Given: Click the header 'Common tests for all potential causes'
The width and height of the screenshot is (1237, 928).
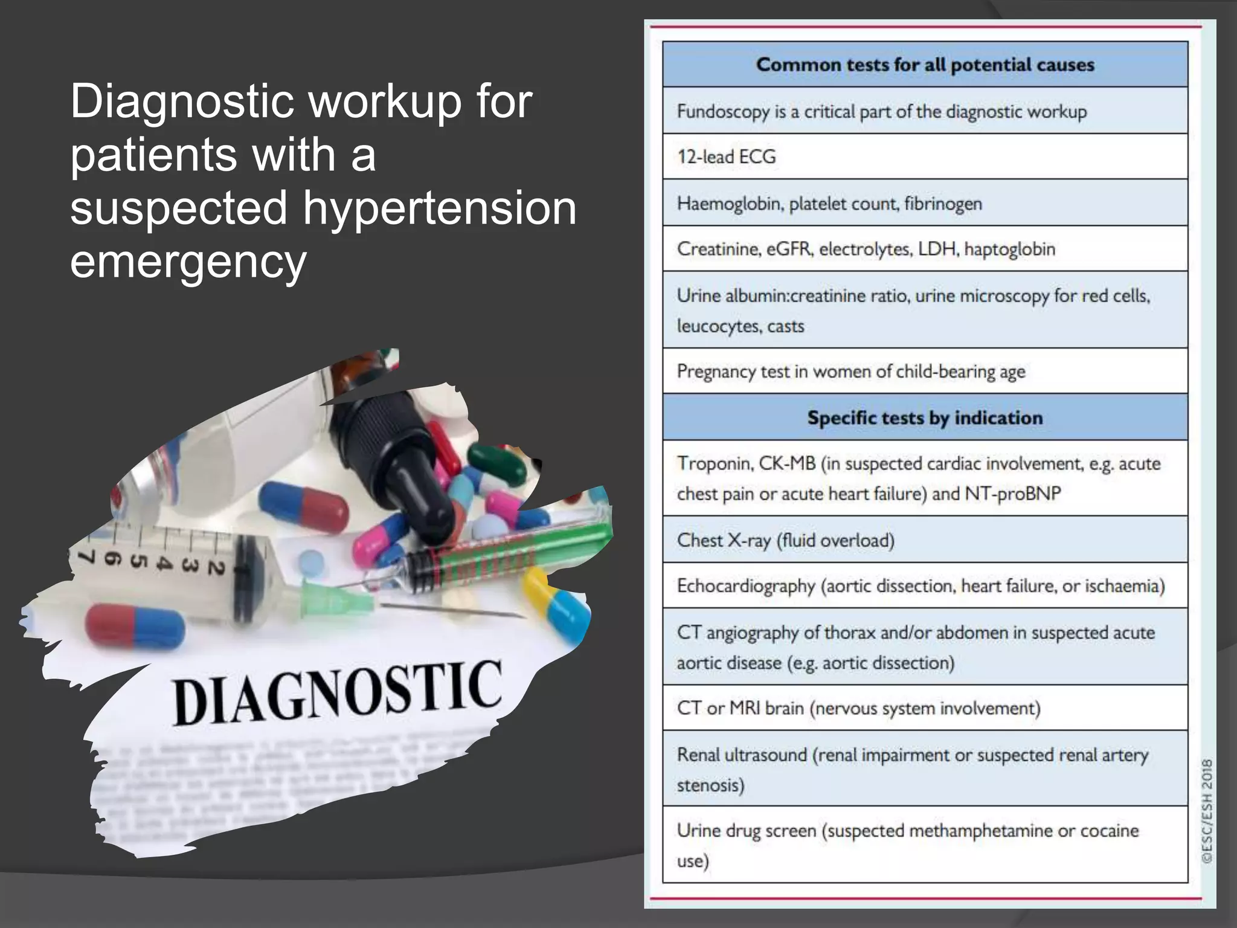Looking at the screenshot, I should point(925,65).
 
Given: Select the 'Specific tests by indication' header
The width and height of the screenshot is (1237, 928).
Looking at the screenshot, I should point(925,417).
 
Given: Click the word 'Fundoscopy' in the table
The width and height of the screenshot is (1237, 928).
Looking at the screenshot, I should point(723,112).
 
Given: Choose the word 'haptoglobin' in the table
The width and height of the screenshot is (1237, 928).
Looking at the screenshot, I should point(1009,249).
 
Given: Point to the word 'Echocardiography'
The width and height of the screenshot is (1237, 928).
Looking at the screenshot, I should point(746,586).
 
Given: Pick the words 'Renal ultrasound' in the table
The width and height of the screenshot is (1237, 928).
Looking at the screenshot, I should point(742,755).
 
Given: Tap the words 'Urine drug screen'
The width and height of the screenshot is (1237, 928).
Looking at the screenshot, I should point(747,831).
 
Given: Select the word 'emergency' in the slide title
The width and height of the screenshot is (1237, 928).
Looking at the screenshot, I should point(188,261).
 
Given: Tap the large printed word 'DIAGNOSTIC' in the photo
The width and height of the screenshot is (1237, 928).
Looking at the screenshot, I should point(337,692).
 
